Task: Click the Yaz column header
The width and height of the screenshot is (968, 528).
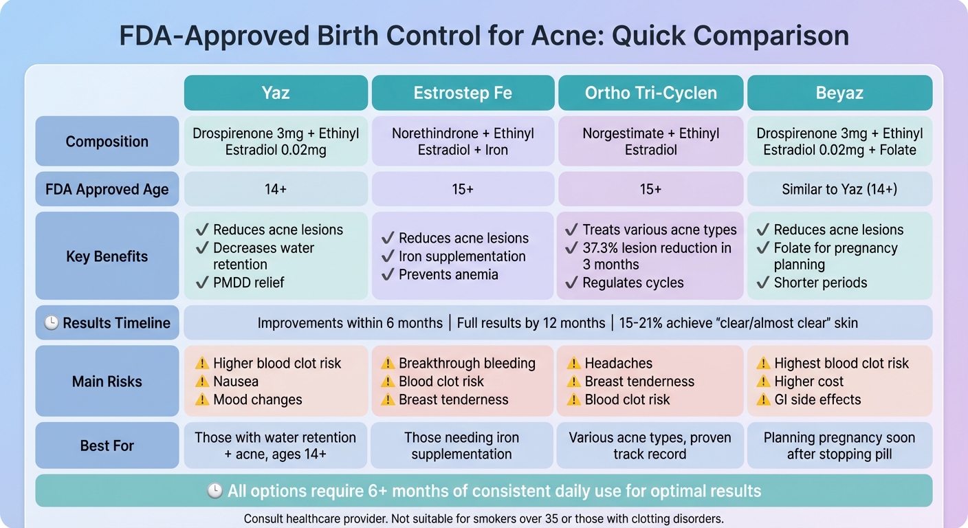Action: pos(276,93)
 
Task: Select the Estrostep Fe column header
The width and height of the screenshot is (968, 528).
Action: pos(463,93)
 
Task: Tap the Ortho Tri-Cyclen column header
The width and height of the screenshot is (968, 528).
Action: pos(650,93)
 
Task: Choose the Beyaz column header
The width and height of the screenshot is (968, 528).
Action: pos(839,93)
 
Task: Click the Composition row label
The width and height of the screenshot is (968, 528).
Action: pos(107,142)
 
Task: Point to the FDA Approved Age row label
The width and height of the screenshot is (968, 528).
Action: pos(107,190)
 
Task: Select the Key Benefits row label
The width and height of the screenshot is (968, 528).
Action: pos(107,256)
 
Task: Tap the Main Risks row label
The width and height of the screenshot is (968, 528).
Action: pos(107,382)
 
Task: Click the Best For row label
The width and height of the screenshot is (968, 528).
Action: pos(107,445)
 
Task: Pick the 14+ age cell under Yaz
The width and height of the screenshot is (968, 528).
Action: pos(276,189)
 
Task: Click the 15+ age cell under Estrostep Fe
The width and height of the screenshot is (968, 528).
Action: pos(463,189)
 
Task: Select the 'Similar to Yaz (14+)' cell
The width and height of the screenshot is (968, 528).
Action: pos(839,189)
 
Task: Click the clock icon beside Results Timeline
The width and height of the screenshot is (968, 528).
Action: pos(52,323)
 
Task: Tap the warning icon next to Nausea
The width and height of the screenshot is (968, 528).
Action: pos(202,382)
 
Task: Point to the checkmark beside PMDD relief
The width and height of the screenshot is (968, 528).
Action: pos(202,283)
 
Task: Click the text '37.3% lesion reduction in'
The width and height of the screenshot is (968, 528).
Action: pos(657,247)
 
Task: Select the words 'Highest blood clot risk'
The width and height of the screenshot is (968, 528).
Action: pos(841,363)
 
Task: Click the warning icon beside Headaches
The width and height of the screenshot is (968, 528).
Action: pos(573,363)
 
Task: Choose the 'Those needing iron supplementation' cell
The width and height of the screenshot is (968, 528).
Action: pos(463,445)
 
